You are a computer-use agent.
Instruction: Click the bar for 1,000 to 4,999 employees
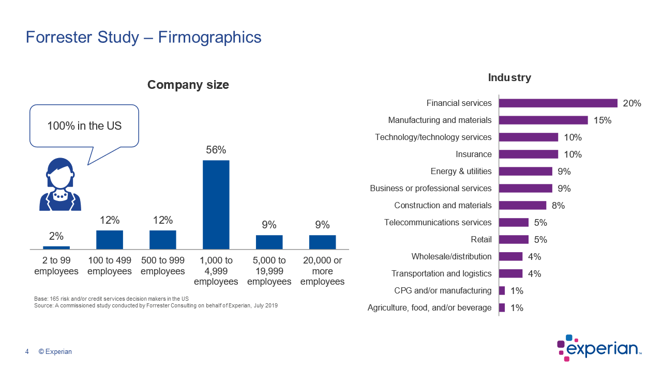[216, 205]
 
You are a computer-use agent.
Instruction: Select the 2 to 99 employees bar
[56, 248]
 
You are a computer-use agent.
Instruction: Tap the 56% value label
[216, 150]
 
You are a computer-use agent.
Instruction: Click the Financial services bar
[558, 103]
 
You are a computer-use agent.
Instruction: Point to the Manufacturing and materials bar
[543, 120]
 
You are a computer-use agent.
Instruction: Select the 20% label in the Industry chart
[632, 103]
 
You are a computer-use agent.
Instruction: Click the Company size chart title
[188, 85]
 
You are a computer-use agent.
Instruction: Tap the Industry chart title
[509, 78]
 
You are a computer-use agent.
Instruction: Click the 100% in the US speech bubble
[84, 126]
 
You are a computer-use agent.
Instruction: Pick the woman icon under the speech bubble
[61, 184]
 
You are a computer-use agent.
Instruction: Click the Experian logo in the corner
[599, 348]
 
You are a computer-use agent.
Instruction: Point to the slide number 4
[27, 352]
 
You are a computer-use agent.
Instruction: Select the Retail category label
[481, 240]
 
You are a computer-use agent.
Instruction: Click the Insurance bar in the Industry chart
[528, 154]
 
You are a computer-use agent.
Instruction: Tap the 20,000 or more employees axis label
[322, 271]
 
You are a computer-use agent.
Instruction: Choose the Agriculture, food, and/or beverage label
[429, 308]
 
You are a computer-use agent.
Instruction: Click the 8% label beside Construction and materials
[558, 206]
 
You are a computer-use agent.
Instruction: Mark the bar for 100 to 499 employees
[110, 240]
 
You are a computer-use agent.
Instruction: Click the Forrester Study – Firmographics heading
[144, 38]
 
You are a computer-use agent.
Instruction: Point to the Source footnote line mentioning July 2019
[156, 306]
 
